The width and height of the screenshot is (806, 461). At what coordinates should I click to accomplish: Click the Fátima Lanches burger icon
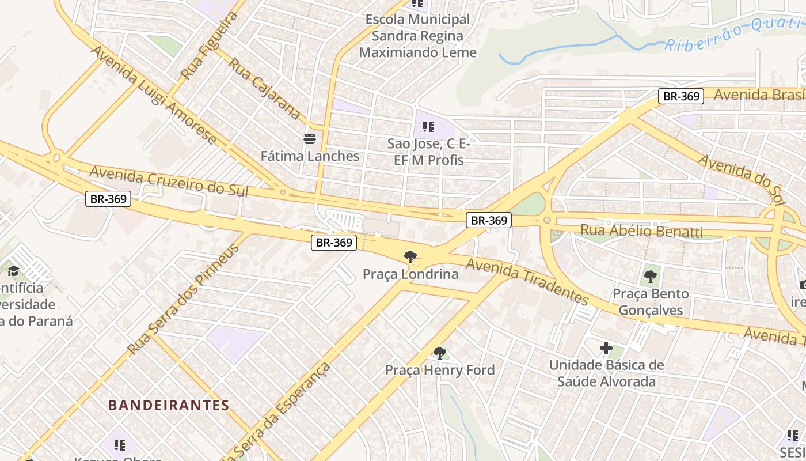click(310, 138)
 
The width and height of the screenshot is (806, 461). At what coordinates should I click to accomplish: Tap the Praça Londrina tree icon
click(410, 256)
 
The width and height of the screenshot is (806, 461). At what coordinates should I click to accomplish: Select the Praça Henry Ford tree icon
click(439, 353)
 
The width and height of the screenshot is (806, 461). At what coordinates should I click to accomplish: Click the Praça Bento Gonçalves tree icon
click(650, 277)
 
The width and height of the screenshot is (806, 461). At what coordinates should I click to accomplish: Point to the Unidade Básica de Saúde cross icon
click(606, 348)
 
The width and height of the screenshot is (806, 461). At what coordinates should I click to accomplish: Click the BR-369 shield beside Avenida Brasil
click(681, 96)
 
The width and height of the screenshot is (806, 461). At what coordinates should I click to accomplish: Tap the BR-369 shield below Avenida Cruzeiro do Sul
click(109, 199)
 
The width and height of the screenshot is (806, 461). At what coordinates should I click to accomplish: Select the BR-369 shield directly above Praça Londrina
click(334, 243)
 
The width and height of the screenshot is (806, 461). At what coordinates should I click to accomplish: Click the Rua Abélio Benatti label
click(641, 232)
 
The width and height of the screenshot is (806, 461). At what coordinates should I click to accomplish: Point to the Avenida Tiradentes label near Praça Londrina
click(527, 281)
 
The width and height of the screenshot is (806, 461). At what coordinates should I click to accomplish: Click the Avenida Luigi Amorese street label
click(153, 95)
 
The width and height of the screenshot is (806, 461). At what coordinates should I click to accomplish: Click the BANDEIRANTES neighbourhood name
click(169, 405)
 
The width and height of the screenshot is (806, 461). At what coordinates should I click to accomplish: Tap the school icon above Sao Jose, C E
click(428, 126)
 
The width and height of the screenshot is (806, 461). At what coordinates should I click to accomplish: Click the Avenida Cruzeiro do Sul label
click(169, 181)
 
